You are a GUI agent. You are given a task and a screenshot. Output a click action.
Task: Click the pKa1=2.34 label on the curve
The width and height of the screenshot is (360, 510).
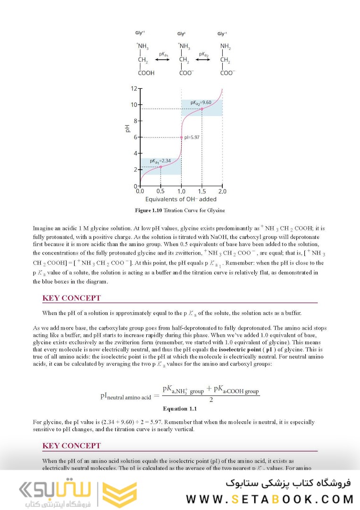(161, 161)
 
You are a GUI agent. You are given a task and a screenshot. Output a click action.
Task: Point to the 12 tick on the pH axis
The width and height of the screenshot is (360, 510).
(134, 88)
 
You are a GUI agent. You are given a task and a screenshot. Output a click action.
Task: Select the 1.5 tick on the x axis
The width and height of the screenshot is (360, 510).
(202, 191)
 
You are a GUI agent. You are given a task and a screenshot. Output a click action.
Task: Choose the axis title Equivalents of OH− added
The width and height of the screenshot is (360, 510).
(181, 199)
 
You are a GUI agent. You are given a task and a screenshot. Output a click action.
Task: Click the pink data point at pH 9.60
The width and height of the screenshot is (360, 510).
(202, 109)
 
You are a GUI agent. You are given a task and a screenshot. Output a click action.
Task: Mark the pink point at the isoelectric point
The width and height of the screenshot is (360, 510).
(181, 137)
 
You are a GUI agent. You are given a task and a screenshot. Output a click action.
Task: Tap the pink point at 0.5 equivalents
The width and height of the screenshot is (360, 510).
(160, 167)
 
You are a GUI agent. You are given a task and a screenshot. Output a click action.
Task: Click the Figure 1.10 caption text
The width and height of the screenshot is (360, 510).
(180, 210)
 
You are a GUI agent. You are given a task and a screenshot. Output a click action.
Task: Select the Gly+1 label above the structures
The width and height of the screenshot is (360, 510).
(140, 33)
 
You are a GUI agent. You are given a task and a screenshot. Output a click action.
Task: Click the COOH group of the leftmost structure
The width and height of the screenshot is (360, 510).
(146, 73)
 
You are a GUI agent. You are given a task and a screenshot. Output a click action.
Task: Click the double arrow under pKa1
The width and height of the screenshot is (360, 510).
(162, 60)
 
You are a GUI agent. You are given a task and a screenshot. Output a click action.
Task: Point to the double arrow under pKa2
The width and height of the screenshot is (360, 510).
(204, 60)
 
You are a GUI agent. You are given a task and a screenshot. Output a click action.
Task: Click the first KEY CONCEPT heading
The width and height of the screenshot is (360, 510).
(72, 298)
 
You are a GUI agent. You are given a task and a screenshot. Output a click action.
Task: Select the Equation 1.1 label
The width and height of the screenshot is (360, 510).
(180, 408)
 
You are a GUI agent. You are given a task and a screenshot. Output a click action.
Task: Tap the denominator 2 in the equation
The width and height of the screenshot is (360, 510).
(211, 399)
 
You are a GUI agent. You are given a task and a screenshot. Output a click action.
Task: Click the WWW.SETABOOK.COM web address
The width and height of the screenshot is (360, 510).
(269, 499)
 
